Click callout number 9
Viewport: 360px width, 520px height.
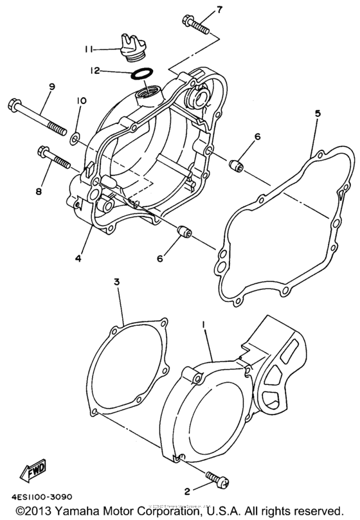point(51,87)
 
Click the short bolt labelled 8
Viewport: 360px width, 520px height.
point(53,159)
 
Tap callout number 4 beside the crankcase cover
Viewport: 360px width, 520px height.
point(77,258)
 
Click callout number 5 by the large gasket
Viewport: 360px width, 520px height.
point(318,113)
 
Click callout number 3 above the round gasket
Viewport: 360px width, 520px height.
point(117,282)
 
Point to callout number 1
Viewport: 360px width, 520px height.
point(204,327)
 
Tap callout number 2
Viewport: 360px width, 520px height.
point(187,492)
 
